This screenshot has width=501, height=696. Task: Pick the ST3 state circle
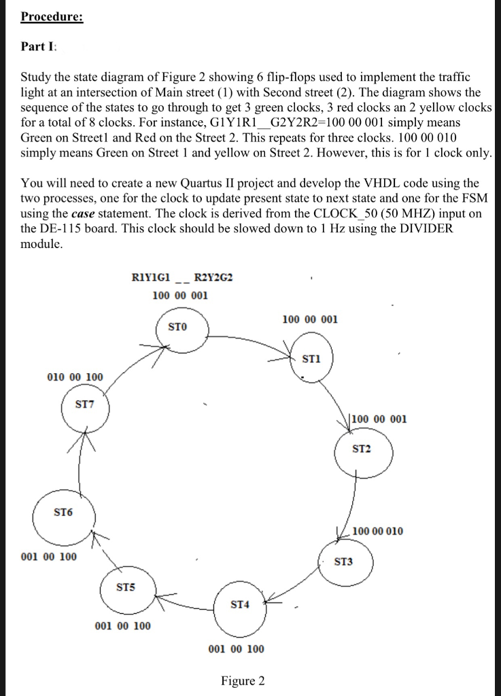pos(343,563)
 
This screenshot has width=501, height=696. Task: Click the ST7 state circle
pos(84,408)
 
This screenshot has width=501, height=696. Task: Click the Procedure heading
pos(52,16)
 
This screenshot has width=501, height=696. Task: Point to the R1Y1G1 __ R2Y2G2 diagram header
pos(184,277)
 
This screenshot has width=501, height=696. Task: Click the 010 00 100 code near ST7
pos(75,377)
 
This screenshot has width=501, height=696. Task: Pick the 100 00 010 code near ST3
pos(378,531)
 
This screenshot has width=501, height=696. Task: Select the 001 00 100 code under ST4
pos(236,649)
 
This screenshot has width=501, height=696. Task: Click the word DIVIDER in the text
pos(421,229)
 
